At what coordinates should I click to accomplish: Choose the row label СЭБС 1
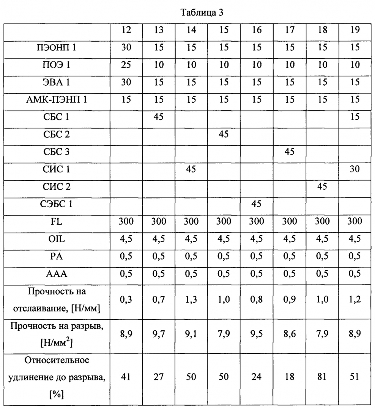(57, 204)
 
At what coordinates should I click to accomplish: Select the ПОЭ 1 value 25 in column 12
(126, 66)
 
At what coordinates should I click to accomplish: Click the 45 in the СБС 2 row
(224, 135)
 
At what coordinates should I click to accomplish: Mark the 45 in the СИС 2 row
(322, 187)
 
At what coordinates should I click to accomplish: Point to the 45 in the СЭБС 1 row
(257, 204)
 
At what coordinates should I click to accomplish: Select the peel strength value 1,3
(191, 300)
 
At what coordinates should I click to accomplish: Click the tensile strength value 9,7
(159, 335)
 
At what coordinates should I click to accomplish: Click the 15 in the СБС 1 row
(355, 117)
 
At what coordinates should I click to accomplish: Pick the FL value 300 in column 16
(257, 222)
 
